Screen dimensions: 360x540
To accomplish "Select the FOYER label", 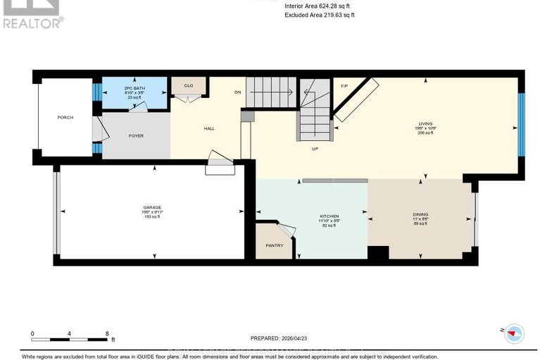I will (x=136, y=135).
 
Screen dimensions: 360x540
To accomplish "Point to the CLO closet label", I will (x=188, y=86).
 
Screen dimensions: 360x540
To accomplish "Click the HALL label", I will (x=208, y=128).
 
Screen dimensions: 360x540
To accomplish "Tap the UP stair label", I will (x=316, y=149).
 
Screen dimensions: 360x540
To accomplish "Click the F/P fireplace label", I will (x=344, y=86).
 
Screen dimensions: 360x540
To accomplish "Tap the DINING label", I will (x=421, y=215).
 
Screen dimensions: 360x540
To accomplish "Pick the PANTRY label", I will (x=274, y=245).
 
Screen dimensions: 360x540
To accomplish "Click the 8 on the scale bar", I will (x=106, y=333).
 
